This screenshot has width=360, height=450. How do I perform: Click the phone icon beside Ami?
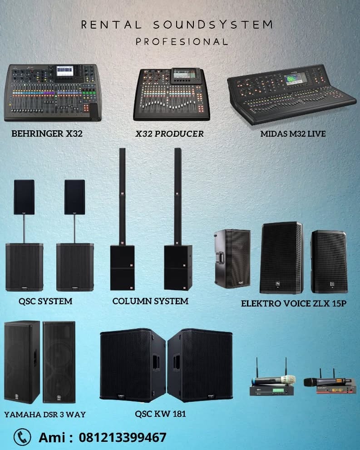[22, 437]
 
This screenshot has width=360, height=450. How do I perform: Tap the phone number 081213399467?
[123, 437]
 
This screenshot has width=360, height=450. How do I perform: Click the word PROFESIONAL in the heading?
[182, 42]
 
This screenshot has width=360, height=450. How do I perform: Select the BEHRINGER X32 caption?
[47, 134]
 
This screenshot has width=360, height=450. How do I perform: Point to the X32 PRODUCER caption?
[169, 134]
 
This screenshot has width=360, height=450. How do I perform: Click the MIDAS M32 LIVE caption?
[293, 134]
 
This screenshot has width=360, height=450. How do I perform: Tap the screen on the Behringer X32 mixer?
[65, 71]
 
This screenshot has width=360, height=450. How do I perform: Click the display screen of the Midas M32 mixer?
[295, 78]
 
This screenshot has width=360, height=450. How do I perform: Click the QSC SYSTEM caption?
[45, 301]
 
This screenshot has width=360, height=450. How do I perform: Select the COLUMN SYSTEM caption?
[150, 301]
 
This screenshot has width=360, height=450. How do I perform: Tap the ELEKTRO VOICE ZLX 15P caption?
[294, 303]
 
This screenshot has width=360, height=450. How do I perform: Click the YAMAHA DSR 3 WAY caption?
[45, 415]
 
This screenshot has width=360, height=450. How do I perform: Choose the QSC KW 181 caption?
[160, 414]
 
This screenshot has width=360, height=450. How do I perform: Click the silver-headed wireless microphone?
[273, 380]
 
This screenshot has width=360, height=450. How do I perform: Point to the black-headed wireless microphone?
[325, 382]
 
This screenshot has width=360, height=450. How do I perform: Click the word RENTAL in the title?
[111, 25]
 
